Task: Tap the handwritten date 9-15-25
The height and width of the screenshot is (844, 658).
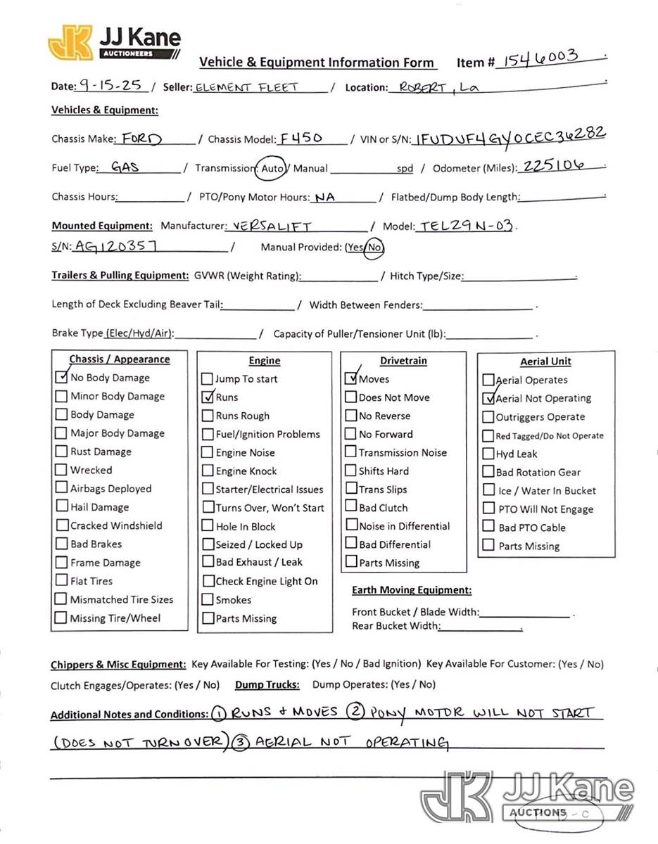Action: tap(110, 86)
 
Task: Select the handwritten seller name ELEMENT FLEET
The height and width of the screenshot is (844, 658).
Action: tap(246, 87)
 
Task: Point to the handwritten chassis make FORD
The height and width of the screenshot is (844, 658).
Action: tap(141, 139)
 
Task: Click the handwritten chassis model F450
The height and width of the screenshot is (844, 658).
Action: tap(301, 138)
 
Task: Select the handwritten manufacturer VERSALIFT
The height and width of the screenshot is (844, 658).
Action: tap(272, 226)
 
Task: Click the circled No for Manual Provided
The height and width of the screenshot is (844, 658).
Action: tap(375, 247)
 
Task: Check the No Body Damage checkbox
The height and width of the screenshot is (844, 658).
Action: tap(62, 377)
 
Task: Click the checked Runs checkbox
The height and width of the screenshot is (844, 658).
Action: tap(207, 397)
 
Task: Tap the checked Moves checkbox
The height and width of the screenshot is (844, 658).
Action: tap(351, 378)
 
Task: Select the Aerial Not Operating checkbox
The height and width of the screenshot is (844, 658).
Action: tap(488, 398)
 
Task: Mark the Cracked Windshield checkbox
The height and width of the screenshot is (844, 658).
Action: tap(62, 525)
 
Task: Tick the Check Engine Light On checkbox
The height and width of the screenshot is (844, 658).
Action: tap(208, 581)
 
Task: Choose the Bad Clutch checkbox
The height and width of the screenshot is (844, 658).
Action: tap(350, 507)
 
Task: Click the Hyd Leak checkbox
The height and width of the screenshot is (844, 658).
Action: tap(488, 454)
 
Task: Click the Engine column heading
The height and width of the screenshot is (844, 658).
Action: tap(265, 361)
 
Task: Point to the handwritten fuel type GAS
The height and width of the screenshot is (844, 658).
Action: tap(126, 167)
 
